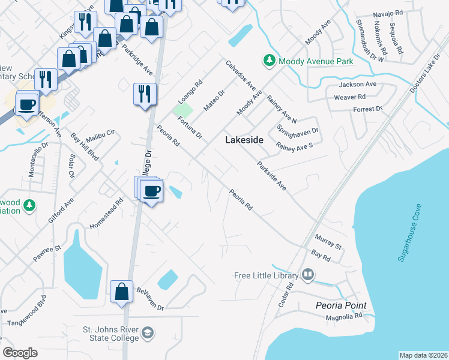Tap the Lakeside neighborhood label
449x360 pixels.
tap(244, 139)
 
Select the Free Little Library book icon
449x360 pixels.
tap(308, 275)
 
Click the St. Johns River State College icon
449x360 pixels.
tap(148, 333)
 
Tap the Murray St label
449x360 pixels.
tap(328, 242)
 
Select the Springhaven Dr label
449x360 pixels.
tap(297, 130)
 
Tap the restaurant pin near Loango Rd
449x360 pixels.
tap(145, 95)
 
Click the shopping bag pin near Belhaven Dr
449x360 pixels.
tap(122, 290)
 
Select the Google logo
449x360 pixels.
tap(20, 352)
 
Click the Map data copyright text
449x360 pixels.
tap(423, 355)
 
